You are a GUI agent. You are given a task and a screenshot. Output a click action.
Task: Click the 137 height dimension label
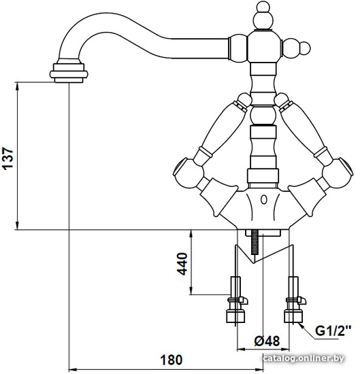point(7,159)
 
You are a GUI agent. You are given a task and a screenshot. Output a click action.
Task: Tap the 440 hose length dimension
point(182,264)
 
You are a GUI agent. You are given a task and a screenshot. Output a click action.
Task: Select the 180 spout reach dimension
point(171,360)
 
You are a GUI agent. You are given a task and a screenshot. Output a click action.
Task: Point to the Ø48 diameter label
point(267,341)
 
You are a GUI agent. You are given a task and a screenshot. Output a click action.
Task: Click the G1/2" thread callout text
point(333,331)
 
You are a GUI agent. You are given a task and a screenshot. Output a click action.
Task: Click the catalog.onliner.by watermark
point(304,358)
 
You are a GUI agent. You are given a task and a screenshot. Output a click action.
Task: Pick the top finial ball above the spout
point(263,17)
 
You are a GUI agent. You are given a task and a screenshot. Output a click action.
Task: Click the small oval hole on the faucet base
point(263,200)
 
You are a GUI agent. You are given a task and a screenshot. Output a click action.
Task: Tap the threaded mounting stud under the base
point(255,243)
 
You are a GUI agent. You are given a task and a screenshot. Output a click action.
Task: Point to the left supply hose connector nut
point(235,316)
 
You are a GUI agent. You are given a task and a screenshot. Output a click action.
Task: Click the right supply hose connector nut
point(293,316)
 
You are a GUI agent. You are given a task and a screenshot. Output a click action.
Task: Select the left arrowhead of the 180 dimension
point(73,369)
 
